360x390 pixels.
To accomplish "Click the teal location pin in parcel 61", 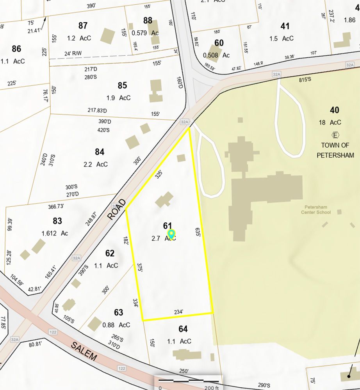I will pyautogui.click(x=171, y=234).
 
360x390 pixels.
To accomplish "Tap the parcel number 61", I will pyautogui.click(x=168, y=226).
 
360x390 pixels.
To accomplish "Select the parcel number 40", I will pyautogui.click(x=334, y=110).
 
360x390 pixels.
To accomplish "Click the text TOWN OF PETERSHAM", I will pyautogui.click(x=337, y=150).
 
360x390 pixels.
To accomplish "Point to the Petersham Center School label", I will pyautogui.click(x=316, y=210).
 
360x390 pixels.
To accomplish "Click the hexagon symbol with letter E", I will pyautogui.click(x=335, y=135).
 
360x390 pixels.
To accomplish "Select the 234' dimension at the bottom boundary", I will pyautogui.click(x=178, y=312).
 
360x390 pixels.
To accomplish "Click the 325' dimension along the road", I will pyautogui.click(x=159, y=174).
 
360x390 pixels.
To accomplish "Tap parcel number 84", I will pyautogui.click(x=100, y=152).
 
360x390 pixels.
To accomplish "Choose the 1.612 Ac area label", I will pyautogui.click(x=55, y=233).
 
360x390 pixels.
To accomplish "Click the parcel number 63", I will pyautogui.click(x=119, y=312).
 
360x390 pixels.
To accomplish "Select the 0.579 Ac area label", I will pyautogui.click(x=145, y=33).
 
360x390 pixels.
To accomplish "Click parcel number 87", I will pyautogui.click(x=83, y=26).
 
